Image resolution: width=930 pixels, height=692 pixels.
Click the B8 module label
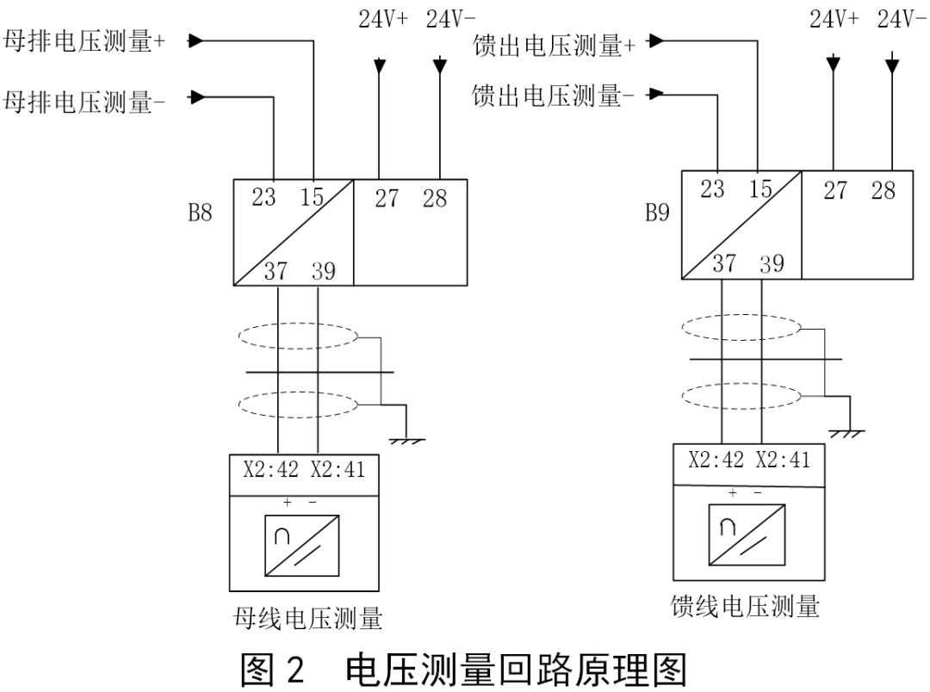(x=200, y=213)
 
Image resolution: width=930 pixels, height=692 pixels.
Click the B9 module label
(x=657, y=213)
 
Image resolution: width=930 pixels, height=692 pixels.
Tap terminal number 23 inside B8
(x=263, y=199)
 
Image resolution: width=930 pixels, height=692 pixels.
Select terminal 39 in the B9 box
(x=772, y=264)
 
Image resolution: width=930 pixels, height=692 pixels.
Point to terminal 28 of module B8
(x=435, y=199)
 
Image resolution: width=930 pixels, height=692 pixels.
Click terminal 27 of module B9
(x=835, y=191)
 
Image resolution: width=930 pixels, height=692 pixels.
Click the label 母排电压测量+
(x=85, y=42)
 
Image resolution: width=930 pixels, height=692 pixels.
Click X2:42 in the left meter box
(x=269, y=472)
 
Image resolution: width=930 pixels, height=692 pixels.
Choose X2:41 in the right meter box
(x=783, y=460)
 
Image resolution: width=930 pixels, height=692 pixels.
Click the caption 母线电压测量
(x=308, y=618)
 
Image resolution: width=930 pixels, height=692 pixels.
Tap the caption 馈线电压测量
(x=745, y=606)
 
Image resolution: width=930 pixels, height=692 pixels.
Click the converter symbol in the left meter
(x=301, y=546)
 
